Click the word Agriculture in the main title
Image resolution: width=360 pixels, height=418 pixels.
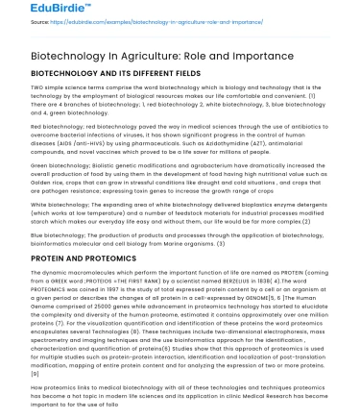click(143, 56)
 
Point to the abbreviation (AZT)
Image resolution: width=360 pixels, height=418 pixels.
click(236, 144)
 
